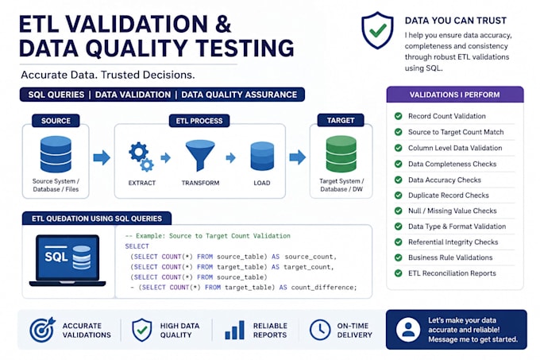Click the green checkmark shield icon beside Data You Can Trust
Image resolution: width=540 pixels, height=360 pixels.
[x=377, y=30]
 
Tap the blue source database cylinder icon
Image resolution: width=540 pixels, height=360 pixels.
[x=56, y=154]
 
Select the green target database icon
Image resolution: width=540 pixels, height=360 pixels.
[x=341, y=153]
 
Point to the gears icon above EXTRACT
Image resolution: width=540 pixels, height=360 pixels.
[x=141, y=157]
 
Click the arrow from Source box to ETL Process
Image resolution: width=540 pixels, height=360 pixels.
[x=102, y=157]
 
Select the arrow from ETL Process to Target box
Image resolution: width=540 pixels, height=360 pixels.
[x=298, y=157]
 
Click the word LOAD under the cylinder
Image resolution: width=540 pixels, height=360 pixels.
[x=262, y=183]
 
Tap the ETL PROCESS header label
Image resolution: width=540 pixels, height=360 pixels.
[x=199, y=121]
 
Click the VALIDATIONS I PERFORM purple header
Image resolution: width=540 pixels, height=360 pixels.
[x=455, y=95]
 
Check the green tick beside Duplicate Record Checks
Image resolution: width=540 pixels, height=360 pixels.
[x=399, y=195]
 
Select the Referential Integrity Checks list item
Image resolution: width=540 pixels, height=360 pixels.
[x=453, y=242]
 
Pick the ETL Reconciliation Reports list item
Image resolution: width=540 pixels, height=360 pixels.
[x=452, y=273]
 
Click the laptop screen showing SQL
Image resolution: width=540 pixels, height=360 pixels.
[x=67, y=257]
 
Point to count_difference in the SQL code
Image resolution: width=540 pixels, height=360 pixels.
[x=324, y=288]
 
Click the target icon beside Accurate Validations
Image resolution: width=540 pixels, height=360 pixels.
[x=42, y=330]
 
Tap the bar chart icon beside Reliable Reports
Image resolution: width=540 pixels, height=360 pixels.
[x=234, y=330]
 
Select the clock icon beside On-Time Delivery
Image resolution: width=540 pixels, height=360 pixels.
[x=320, y=330]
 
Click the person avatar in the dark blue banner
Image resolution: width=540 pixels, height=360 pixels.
[x=408, y=330]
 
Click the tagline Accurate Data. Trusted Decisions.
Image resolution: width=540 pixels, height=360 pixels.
[x=108, y=75]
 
